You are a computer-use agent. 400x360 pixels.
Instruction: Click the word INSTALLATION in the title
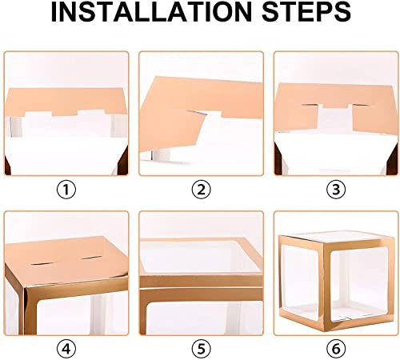[x=151, y=12]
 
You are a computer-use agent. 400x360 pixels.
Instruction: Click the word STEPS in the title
[x=306, y=12]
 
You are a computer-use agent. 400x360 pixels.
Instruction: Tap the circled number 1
[x=66, y=190]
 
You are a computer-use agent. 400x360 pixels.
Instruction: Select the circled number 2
[x=202, y=190]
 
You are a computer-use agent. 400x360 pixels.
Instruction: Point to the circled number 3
[x=336, y=190]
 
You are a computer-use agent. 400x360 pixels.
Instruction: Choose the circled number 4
[x=66, y=349]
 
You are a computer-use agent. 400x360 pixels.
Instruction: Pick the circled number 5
[x=202, y=349]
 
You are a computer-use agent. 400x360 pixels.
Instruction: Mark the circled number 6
[x=336, y=349]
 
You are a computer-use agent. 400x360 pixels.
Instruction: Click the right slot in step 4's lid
[x=91, y=258]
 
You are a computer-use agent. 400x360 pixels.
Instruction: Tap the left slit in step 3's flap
[x=310, y=105]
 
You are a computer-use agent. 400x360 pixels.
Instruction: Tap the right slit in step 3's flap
[x=360, y=105]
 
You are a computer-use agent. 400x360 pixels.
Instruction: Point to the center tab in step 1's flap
[x=65, y=111]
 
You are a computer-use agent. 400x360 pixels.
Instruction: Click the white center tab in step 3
[x=335, y=118]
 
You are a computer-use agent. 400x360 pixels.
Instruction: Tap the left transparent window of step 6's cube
[x=300, y=282]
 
